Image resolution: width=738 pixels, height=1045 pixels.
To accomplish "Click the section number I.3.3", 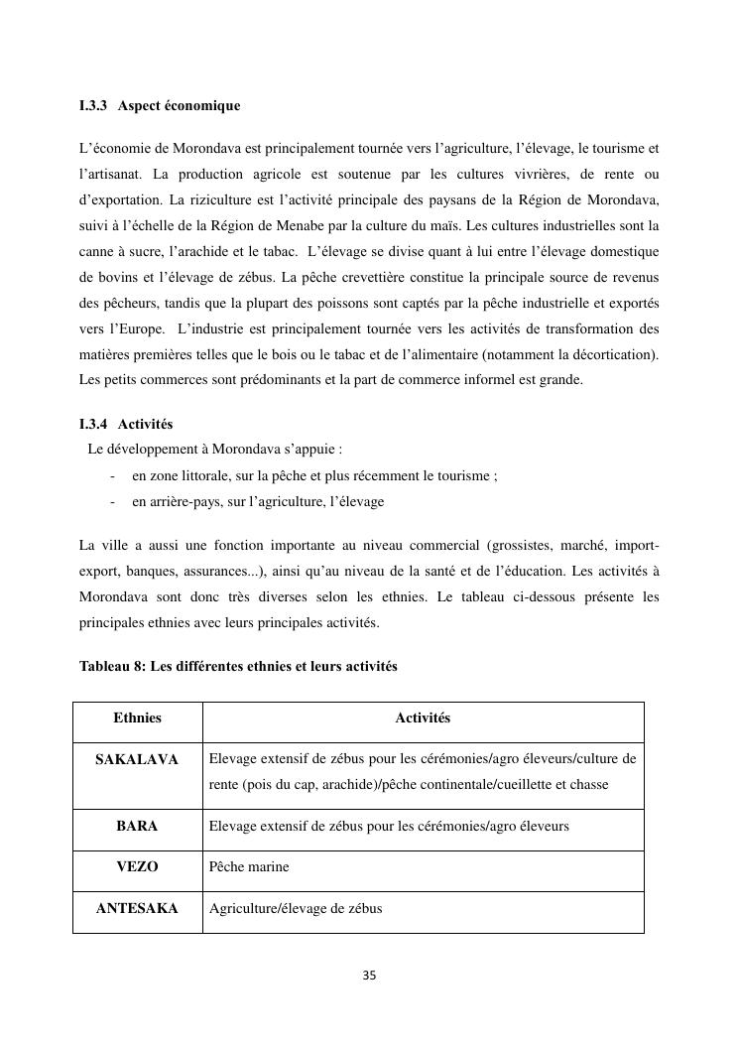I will (x=95, y=105).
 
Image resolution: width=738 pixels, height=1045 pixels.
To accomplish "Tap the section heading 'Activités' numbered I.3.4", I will (x=145, y=424).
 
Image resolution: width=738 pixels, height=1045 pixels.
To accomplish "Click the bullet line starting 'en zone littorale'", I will (x=314, y=475).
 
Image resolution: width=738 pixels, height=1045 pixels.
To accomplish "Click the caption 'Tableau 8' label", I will (x=111, y=666).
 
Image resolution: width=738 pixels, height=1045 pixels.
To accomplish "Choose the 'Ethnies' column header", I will (x=137, y=718).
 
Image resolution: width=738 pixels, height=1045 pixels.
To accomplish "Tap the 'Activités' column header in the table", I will (x=423, y=718).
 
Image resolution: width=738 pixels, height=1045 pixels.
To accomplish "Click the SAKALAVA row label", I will (x=137, y=759).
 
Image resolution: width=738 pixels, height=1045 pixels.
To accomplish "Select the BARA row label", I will (x=137, y=825).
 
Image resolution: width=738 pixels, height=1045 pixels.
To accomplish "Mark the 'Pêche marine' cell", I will (x=249, y=866).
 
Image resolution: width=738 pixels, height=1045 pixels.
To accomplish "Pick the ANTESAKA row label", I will (x=137, y=908).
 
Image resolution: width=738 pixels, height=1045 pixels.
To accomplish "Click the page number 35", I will (x=369, y=976).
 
